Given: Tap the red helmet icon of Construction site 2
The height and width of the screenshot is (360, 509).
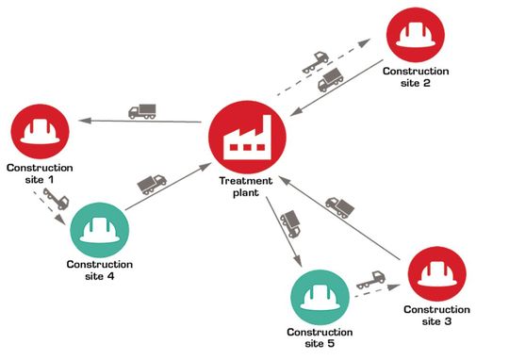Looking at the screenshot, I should pyautogui.click(x=416, y=34).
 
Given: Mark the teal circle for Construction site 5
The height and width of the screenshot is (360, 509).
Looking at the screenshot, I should pyautogui.click(x=320, y=296).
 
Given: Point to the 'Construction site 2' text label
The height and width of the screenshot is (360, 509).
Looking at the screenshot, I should pyautogui.click(x=416, y=76).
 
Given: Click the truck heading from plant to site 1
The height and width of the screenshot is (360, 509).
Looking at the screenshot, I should pyautogui.click(x=141, y=110).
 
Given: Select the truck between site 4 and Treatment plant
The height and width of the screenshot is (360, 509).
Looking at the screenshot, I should pyautogui.click(x=151, y=182).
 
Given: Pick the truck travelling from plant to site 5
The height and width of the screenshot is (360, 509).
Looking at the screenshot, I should pyautogui.click(x=291, y=223).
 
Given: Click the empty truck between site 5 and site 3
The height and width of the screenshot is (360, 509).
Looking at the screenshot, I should pyautogui.click(x=371, y=280).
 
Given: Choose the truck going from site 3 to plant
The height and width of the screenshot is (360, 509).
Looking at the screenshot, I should pyautogui.click(x=339, y=205).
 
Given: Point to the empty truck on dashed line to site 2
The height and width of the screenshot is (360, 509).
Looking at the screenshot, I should pyautogui.click(x=313, y=64).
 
